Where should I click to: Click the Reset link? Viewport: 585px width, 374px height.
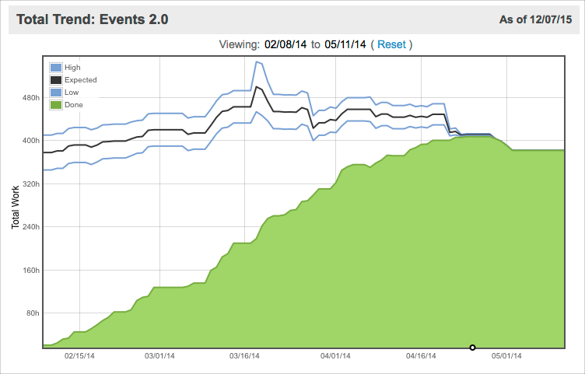pyautogui.click(x=391, y=44)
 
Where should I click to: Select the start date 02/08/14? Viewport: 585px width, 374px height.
pyautogui.click(x=285, y=44)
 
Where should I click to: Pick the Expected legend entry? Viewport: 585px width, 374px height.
pyautogui.click(x=74, y=79)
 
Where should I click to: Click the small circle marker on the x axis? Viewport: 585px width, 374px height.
pyautogui.click(x=472, y=347)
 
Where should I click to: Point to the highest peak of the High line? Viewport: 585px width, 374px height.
pyautogui.click(x=257, y=61)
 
